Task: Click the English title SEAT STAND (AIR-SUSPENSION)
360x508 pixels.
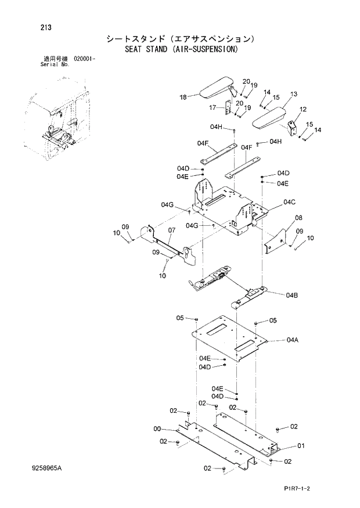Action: click(181, 49)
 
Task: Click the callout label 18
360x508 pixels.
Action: click(183, 97)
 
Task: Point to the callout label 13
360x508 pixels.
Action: click(293, 93)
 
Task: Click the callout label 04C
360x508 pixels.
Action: click(290, 202)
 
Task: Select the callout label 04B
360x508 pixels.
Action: click(291, 296)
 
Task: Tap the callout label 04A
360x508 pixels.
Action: click(291, 340)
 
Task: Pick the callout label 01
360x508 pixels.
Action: click(301, 446)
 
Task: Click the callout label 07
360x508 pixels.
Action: click(171, 230)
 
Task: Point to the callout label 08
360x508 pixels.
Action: click(298, 218)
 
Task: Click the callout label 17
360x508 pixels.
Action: click(213, 107)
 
